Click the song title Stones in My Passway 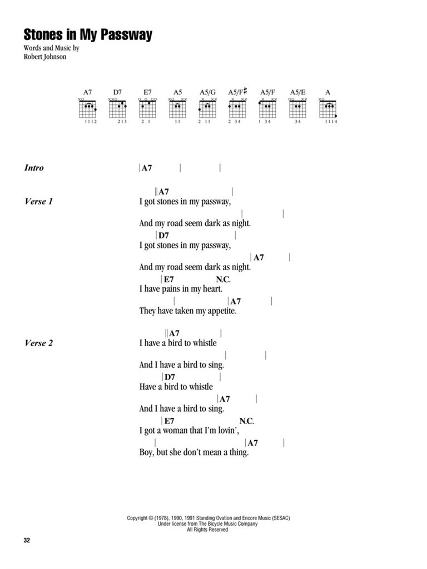click(88, 35)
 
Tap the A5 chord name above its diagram click(177, 91)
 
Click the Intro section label click(34, 168)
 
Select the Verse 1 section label click(39, 202)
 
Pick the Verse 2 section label click(39, 343)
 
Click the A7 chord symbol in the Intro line click(147, 168)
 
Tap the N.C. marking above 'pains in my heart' click(223, 279)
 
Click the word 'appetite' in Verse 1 click(221, 311)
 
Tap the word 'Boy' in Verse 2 click(146, 452)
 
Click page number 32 click(28, 540)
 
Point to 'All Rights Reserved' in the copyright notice click(207, 530)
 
